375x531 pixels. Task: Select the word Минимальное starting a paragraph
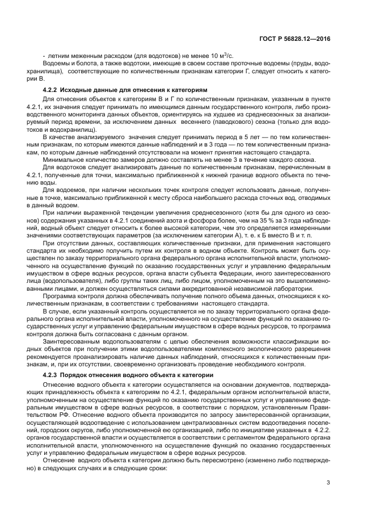[x=64, y=160]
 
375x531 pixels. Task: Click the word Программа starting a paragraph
[x=61, y=295]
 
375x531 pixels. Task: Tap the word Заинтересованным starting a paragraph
[x=71, y=342]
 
